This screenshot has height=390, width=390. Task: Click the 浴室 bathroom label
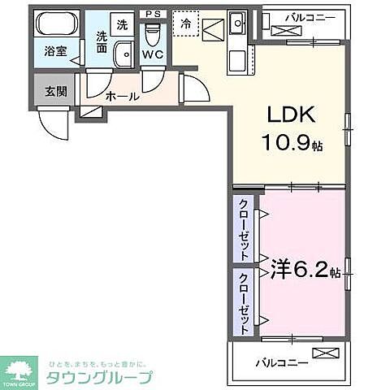(x=55, y=50)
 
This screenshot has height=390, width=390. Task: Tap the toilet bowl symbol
(x=152, y=34)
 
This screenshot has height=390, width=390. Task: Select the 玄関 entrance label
(x=55, y=90)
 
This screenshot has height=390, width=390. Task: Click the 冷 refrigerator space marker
(x=187, y=24)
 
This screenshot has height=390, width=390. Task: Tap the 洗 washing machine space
(x=121, y=24)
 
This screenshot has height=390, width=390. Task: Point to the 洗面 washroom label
(x=102, y=41)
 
